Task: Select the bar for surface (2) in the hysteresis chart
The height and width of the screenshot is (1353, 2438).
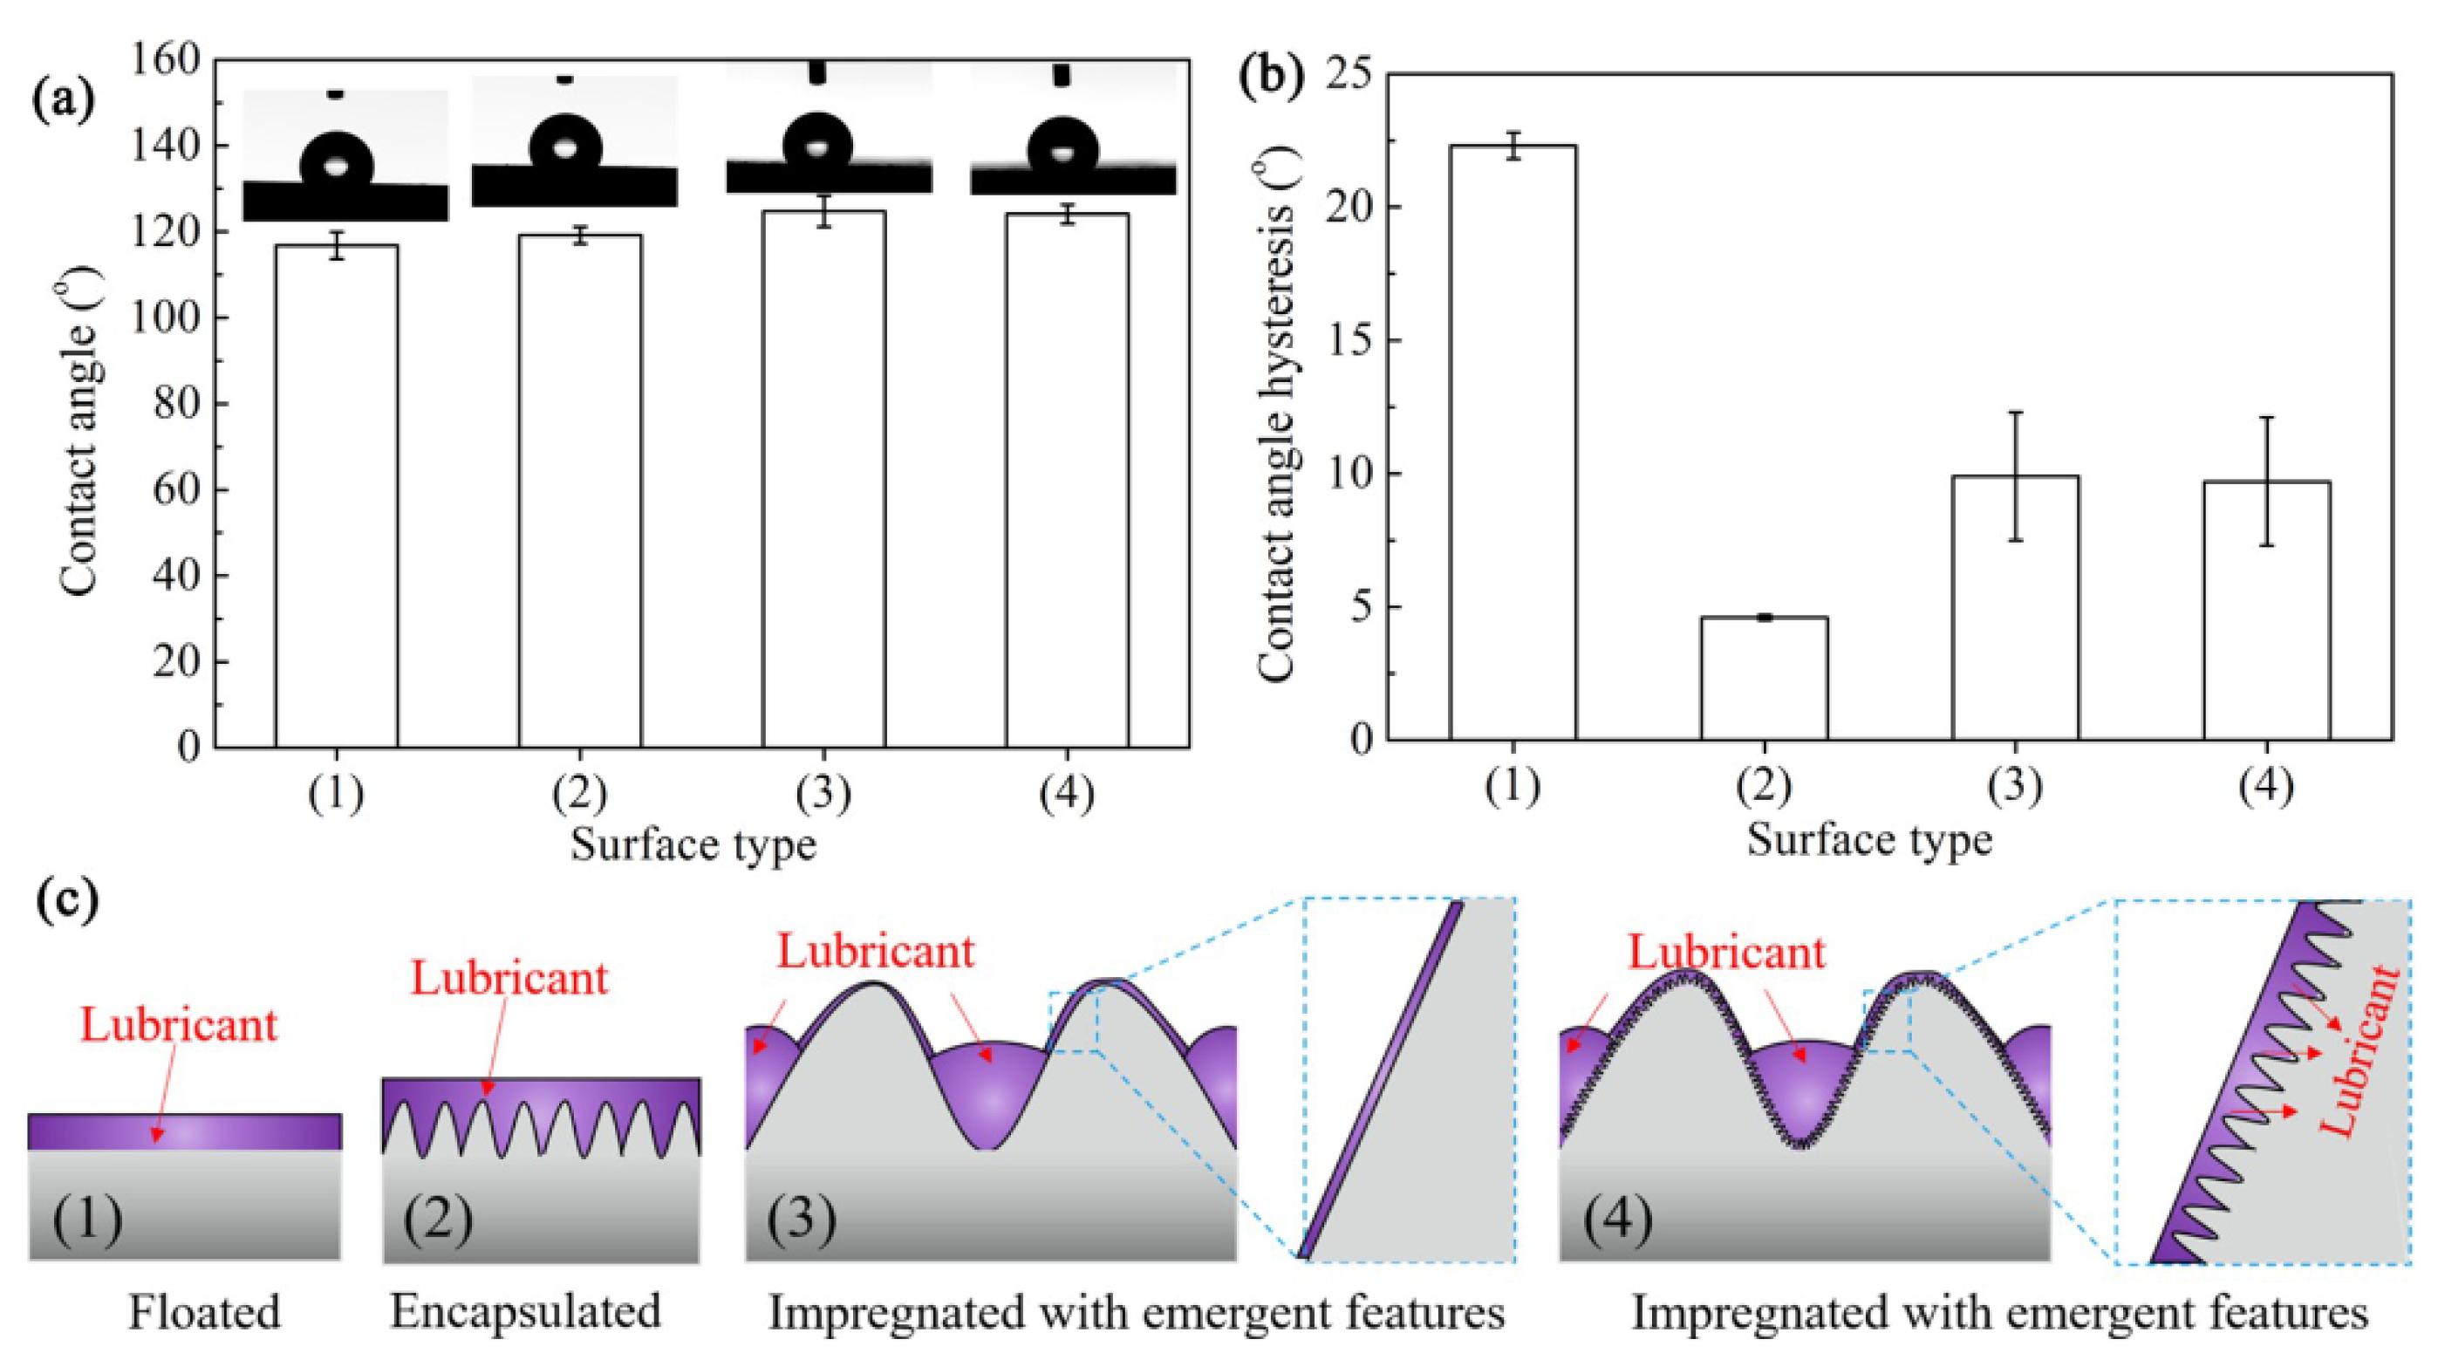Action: pyautogui.click(x=1764, y=678)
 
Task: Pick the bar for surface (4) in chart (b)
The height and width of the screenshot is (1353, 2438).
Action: pyautogui.click(x=2267, y=611)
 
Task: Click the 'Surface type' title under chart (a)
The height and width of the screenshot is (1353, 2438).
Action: pyautogui.click(x=693, y=844)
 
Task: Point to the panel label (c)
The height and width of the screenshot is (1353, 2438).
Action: pyautogui.click(x=66, y=900)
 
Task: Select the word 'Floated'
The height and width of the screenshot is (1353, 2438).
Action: pyautogui.click(x=204, y=1312)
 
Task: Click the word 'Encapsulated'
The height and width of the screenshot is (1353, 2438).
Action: pyautogui.click(x=525, y=1312)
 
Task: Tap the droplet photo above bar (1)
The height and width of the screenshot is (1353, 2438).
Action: pyautogui.click(x=345, y=156)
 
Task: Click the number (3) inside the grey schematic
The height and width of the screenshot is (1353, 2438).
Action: pyautogui.click(x=801, y=1219)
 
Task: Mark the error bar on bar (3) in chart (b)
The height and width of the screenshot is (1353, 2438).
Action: pyautogui.click(x=2016, y=475)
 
